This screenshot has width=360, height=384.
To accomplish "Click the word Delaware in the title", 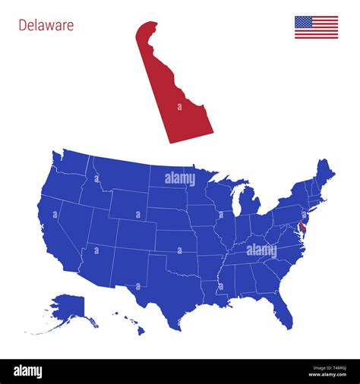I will coord(46,25).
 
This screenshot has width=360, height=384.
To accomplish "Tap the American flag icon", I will coord(316,27).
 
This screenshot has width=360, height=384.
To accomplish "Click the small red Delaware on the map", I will coord(302,227).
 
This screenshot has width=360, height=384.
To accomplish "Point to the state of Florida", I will coord(282,304).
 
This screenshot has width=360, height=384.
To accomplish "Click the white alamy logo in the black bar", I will coord(29,371).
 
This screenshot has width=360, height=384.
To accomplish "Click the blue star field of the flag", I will coord(303,22).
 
